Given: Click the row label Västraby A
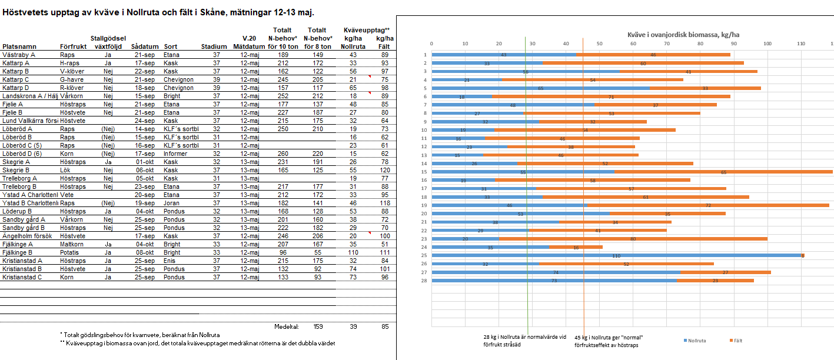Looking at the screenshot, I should (19, 55).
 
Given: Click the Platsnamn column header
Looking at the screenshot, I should (19, 46).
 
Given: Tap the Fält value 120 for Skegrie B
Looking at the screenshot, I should (385, 170).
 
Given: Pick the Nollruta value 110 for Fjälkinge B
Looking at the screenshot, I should (353, 252).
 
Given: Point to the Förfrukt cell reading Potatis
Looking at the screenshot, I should (71, 252).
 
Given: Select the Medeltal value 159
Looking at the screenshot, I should (318, 326).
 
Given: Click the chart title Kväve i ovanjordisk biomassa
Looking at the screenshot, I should (632, 35).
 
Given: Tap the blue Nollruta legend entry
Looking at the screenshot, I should (697, 341).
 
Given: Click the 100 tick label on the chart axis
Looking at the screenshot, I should (767, 44).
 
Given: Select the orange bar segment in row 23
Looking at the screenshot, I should (633, 239).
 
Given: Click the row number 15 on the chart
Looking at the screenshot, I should (424, 172).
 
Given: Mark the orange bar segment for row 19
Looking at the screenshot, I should (707, 205).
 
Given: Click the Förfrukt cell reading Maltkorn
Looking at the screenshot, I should (72, 244).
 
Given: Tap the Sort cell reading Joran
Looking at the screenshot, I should (172, 203).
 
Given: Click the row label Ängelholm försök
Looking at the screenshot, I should (28, 236).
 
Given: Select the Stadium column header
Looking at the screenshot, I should (214, 46).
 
